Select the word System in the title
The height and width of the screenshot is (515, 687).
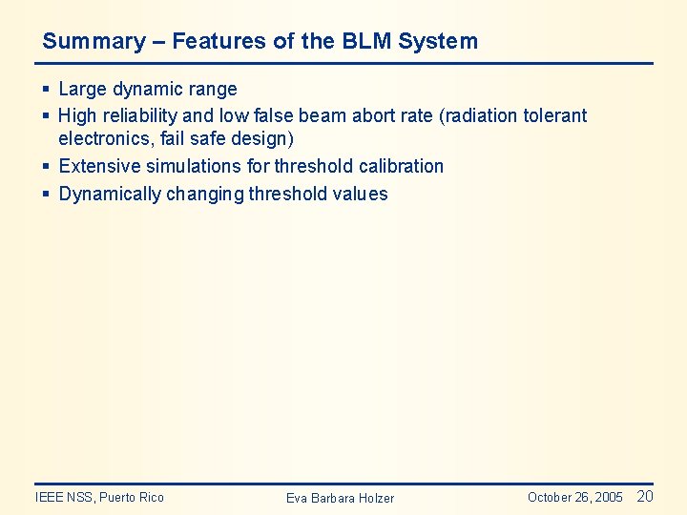click(438, 41)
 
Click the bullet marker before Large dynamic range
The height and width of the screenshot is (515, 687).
click(46, 90)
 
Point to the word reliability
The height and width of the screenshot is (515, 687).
click(140, 115)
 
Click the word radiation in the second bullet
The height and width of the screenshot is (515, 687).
click(480, 115)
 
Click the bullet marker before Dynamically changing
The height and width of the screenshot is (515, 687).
click(46, 195)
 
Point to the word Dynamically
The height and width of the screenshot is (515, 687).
click(110, 195)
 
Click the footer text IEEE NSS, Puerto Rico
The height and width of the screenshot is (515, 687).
click(99, 497)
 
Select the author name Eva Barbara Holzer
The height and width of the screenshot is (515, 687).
click(340, 498)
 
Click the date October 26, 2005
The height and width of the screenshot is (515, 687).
click(574, 497)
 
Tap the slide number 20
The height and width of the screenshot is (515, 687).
click(645, 496)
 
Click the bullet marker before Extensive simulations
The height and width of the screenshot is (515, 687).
click(46, 167)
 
